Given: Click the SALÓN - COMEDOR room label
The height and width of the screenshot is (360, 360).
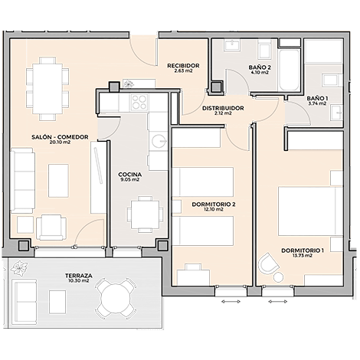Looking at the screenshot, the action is point(60,137).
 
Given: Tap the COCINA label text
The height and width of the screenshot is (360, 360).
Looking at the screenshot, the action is point(130,175).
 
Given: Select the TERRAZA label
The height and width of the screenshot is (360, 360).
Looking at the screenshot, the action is point(78,276).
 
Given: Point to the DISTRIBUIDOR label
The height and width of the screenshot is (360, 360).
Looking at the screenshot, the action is point(223,108).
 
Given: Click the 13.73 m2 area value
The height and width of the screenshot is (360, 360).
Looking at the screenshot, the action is point(303,256).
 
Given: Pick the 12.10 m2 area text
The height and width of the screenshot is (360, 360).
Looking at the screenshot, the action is point(214,209).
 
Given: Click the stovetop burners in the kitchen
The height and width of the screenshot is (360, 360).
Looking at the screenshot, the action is point(139,102).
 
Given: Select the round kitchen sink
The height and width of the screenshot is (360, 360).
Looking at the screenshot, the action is point(159,141).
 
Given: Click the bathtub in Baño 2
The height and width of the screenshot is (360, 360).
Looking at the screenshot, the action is point(290,70).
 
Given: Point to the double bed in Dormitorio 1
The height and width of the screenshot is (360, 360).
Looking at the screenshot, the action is point(310,211).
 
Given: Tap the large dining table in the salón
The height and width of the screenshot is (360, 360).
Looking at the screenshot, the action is point(47,89).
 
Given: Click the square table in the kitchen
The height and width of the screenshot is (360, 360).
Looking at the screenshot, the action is point(145,214).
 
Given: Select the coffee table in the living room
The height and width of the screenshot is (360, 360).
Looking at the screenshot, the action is point(58,181).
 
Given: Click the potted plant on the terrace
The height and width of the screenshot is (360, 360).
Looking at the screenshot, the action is point(19,268).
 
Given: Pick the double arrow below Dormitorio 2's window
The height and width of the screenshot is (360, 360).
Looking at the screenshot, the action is point(231,302).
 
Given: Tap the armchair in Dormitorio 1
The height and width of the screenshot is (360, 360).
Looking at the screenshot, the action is point(268,263).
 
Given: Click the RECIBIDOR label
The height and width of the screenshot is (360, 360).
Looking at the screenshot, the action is point(183,66).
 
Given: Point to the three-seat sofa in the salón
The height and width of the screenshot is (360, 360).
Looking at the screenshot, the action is point(22,181).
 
